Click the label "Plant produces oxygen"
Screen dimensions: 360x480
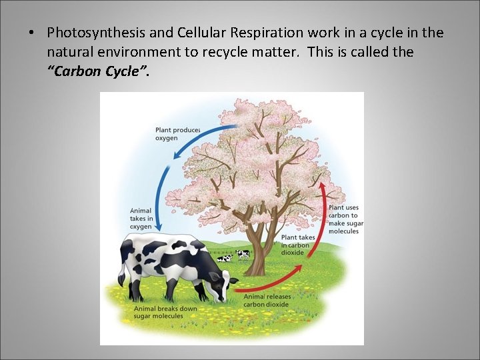177,133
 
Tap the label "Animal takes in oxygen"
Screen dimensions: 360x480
141,219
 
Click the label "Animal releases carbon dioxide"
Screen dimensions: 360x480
266,300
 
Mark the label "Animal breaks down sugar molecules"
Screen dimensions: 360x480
165,312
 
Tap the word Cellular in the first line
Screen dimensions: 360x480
195,33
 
